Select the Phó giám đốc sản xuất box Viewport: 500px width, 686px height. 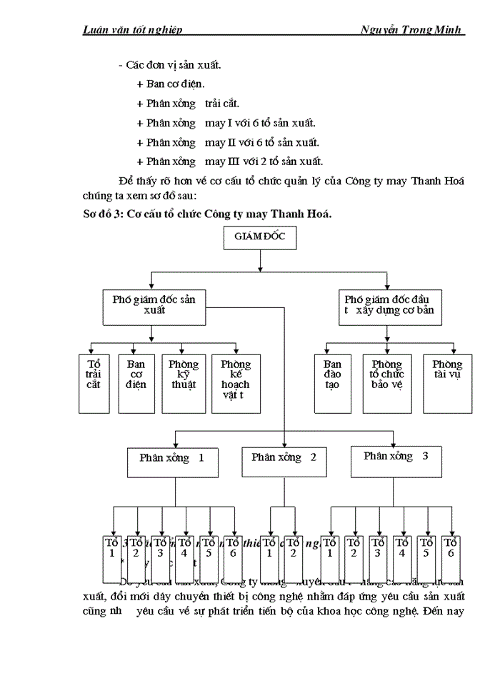[154, 305]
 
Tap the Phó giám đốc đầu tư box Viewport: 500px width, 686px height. [389, 305]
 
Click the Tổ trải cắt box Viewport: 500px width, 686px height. [94, 383]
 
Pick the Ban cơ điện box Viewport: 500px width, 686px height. [136, 383]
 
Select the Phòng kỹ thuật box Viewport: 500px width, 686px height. [184, 383]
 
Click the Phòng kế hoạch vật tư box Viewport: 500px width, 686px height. [236, 383]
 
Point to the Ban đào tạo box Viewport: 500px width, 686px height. [332, 383]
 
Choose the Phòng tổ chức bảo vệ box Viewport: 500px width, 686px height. [387, 383]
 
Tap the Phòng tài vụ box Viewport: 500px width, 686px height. [447, 383]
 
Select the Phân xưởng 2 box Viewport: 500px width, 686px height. [284, 462]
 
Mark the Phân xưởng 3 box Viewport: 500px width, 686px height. [396, 462]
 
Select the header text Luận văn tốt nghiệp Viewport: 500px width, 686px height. [133, 29]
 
